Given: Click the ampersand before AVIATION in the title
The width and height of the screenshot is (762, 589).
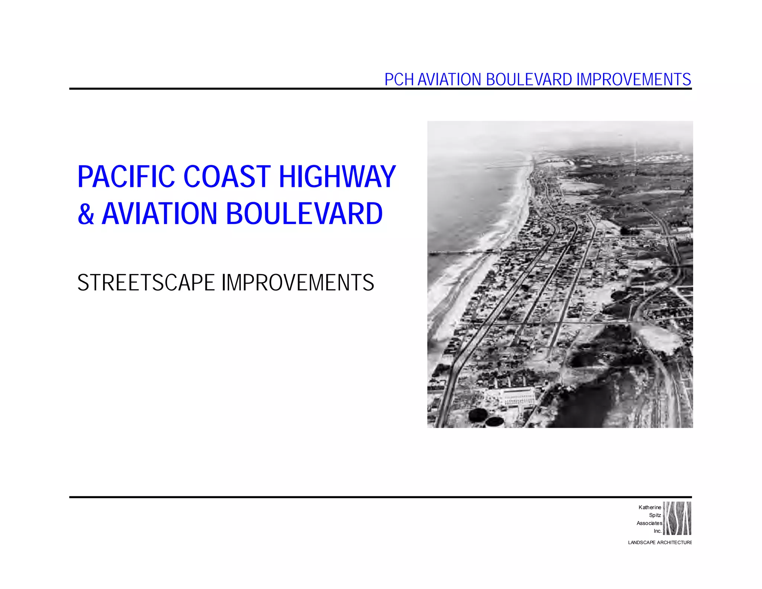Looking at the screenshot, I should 86,214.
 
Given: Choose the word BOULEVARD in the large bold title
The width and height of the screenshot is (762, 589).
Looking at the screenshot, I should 304,214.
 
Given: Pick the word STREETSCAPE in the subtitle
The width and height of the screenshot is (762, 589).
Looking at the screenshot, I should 146,283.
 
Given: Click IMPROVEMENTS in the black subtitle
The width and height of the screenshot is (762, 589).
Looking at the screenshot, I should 298,283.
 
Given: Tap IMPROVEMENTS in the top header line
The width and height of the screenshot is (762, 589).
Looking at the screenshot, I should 633,79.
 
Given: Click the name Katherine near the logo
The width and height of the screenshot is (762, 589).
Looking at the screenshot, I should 650,507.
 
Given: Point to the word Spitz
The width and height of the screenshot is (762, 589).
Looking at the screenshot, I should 655,515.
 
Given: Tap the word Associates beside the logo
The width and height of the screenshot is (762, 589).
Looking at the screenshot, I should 649,523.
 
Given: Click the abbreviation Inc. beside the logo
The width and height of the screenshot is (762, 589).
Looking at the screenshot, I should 657,531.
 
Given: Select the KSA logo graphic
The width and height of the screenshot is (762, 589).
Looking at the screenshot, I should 677,518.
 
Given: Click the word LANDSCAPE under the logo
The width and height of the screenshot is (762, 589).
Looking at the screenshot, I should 641,542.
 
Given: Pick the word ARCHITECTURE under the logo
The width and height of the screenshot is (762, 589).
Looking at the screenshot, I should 674,542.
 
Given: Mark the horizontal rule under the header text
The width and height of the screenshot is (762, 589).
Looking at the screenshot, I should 380,89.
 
